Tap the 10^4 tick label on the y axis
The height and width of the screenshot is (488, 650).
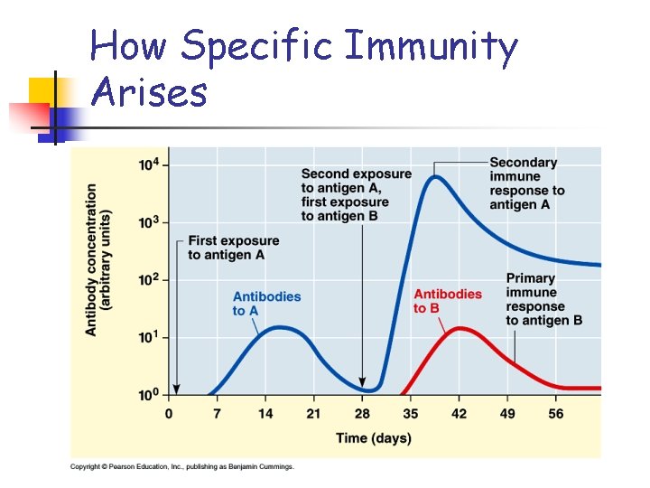click(x=150, y=164)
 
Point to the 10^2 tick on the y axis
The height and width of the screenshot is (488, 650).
click(x=150, y=280)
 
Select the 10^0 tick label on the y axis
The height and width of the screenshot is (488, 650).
click(x=150, y=395)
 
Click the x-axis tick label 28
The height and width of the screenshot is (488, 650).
click(x=363, y=414)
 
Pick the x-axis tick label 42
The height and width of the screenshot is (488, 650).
click(x=460, y=414)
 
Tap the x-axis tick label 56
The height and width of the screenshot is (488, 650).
click(x=556, y=414)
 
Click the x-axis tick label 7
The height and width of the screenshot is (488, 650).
click(x=217, y=414)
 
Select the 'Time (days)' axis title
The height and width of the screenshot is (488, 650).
click(x=373, y=438)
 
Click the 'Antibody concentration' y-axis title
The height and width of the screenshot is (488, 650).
click(x=98, y=260)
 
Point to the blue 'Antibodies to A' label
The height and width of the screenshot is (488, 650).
click(x=266, y=304)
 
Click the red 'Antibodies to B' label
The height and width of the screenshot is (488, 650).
click(x=447, y=301)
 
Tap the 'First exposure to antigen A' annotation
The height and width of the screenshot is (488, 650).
click(x=233, y=248)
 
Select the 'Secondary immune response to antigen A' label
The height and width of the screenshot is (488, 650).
click(x=526, y=183)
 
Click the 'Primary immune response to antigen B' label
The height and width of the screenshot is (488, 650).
click(x=543, y=299)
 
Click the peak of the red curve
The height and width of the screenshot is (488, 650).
click(x=460, y=328)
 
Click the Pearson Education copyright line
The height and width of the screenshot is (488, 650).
click(x=182, y=466)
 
